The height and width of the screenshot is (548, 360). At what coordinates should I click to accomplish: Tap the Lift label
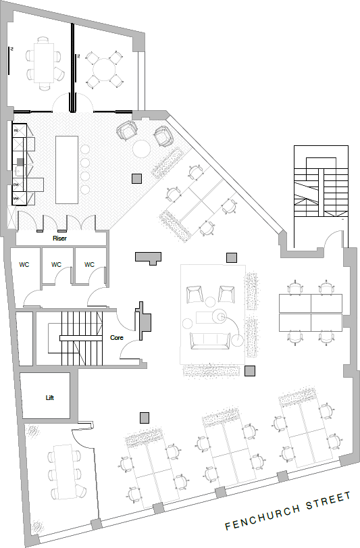click(49, 397)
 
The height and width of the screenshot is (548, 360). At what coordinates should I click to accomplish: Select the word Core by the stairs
click(116, 336)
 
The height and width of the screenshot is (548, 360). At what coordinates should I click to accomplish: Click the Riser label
click(59, 238)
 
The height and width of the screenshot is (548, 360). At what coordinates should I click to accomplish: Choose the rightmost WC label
click(89, 264)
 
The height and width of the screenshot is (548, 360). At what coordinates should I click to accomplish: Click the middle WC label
click(57, 264)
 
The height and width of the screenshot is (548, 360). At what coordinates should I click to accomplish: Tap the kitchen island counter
click(68, 169)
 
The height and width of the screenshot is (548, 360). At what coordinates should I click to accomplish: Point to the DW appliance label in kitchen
click(16, 185)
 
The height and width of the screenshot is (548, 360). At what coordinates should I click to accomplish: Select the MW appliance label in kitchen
click(16, 199)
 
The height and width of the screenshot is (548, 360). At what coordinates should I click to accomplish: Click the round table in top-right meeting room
click(105, 70)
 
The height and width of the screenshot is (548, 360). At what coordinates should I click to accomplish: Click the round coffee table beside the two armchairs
click(143, 148)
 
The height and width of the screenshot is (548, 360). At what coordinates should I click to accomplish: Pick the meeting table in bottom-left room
click(66, 471)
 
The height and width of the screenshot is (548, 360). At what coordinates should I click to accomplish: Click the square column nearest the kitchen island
click(136, 178)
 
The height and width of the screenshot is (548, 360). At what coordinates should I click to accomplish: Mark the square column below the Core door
click(144, 417)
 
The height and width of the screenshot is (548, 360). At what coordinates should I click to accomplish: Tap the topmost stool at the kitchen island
click(85, 149)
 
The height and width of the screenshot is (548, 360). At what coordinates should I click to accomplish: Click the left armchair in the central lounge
click(195, 295)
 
